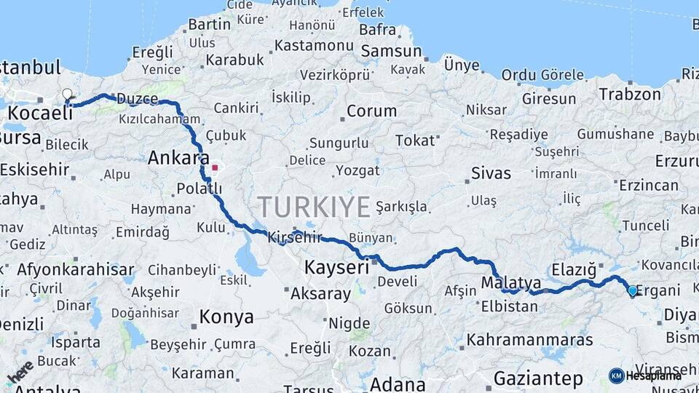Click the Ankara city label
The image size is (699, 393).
pos(178,158)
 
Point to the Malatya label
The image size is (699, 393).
pos(510,283)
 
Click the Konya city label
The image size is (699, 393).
pos(226,317)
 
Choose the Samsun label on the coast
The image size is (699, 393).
pos(391,51)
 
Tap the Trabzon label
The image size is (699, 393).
pos(625,94)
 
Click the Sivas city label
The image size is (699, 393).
pos(491,173)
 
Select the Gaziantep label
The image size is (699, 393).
pos(538,378)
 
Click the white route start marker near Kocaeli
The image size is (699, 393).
pos(68,95)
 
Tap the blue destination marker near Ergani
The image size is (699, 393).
pos(632,291)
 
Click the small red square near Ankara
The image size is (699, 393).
pos(215,167)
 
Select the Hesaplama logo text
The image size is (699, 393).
pos(653,376)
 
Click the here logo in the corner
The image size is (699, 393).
pos(20,372)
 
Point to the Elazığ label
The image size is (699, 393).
pos(574,269)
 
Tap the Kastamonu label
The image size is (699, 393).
pos(314,45)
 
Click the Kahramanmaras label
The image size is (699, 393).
pos(529,340)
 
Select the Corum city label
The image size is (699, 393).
pos(371,111)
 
